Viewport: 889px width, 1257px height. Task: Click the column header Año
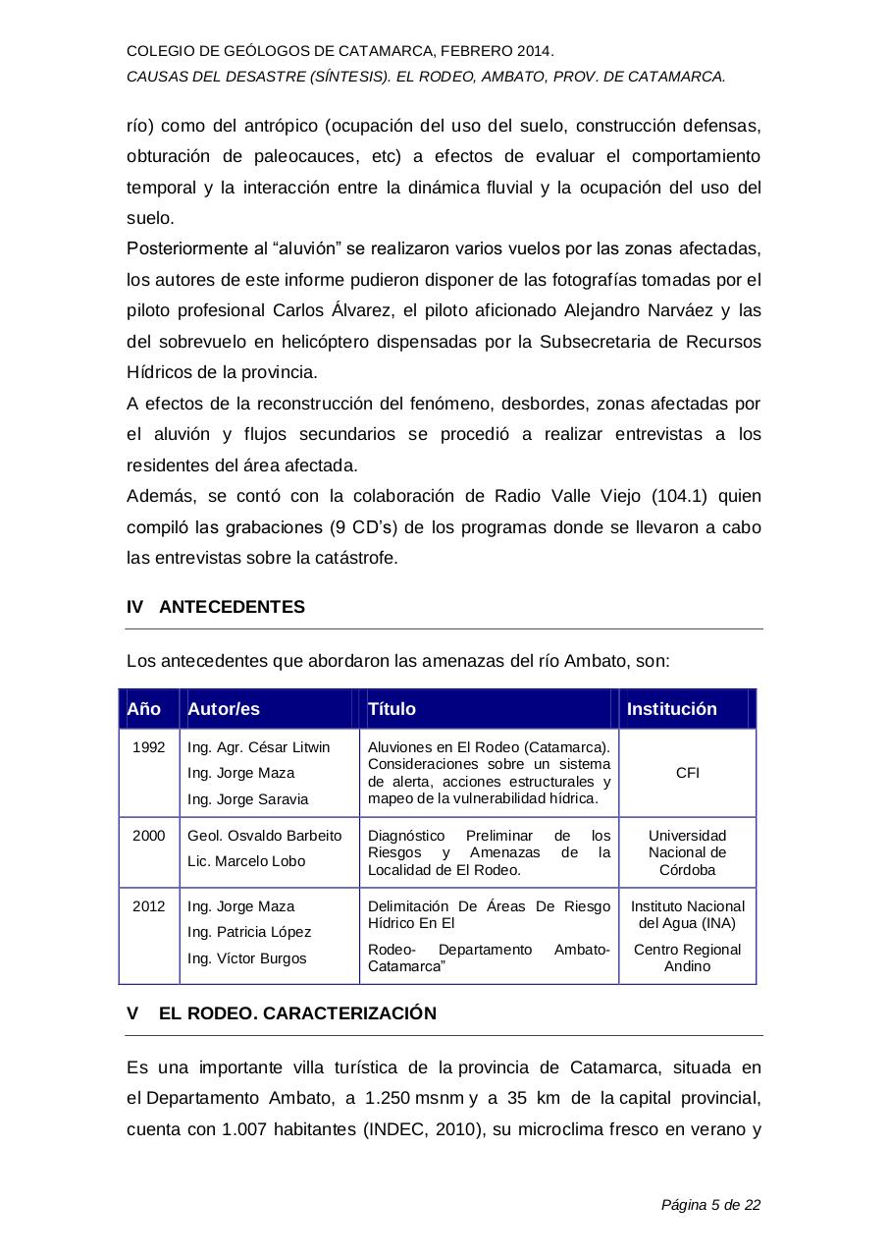(144, 709)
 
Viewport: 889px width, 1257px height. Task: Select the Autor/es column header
(224, 709)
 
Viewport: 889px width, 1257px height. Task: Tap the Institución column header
(672, 709)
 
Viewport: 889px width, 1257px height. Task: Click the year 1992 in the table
(149, 747)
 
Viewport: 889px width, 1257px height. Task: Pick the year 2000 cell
(149, 836)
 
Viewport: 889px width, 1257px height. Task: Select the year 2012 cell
(149, 906)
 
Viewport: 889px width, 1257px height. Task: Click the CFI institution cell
(688, 773)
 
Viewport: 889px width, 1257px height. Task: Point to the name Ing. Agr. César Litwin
(259, 747)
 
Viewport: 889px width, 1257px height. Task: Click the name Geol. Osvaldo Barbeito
(265, 836)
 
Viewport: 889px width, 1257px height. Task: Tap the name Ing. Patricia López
(249, 932)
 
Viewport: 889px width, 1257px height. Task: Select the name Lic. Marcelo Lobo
(246, 861)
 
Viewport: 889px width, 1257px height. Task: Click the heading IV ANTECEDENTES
(216, 607)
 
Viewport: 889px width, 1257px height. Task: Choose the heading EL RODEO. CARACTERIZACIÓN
(297, 1013)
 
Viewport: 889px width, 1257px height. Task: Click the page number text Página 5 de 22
(711, 1205)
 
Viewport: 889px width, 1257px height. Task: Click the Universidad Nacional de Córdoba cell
(688, 852)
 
